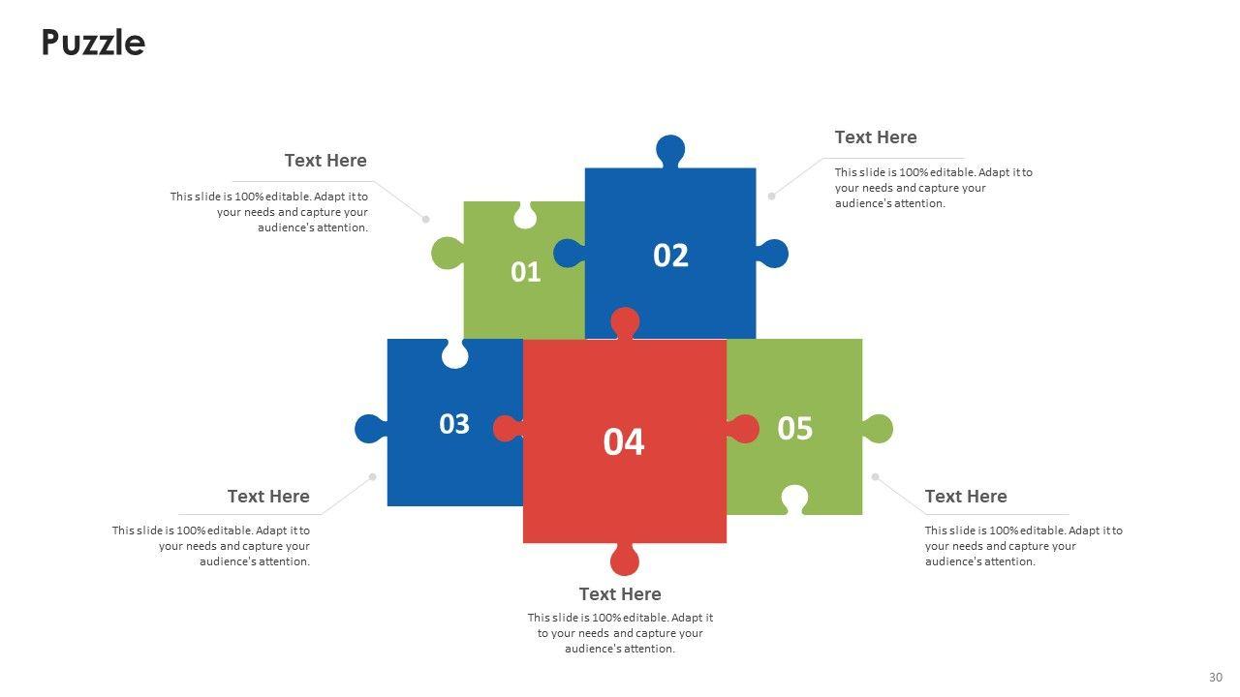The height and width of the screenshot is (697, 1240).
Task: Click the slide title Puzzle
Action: [93, 43]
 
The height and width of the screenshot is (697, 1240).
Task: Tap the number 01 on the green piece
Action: [525, 272]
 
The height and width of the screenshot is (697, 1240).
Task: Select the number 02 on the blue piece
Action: [670, 256]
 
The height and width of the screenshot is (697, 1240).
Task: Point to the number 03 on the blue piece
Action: [454, 424]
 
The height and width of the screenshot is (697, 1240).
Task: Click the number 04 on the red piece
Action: [624, 441]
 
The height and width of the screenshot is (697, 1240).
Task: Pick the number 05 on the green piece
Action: [794, 428]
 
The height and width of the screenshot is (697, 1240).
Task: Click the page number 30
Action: [1216, 677]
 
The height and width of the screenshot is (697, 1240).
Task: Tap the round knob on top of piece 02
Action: [670, 150]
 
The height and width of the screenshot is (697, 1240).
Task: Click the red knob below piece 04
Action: [625, 560]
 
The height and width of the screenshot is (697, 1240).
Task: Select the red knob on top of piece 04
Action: [625, 321]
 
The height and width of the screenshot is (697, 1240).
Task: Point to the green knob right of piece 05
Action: [878, 429]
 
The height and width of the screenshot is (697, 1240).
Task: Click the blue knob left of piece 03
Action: [369, 428]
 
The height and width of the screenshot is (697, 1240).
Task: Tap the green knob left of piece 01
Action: [447, 253]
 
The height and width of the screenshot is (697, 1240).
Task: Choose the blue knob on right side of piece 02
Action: [773, 254]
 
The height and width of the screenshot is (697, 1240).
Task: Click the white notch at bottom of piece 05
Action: [794, 499]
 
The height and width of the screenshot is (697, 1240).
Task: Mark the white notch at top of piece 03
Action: [454, 354]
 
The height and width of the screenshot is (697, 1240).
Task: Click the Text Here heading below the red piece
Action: [620, 593]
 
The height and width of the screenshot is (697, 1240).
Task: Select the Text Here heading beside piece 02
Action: [876, 137]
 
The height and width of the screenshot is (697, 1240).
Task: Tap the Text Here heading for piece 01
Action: [325, 161]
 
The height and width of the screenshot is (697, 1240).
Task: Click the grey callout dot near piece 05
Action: [875, 476]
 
